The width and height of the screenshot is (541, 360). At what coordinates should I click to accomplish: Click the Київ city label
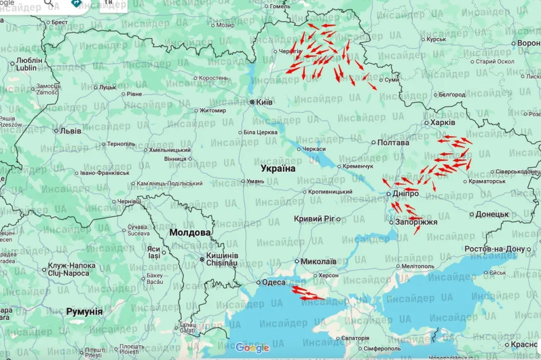click(264, 102)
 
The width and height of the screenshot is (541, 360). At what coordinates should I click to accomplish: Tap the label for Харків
click(443, 122)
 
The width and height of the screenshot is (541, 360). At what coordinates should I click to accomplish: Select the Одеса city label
click(274, 282)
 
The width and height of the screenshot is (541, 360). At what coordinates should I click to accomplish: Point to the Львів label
click(71, 131)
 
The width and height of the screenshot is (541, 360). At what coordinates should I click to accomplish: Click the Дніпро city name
click(406, 194)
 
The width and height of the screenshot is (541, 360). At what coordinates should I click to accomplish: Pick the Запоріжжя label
click(416, 222)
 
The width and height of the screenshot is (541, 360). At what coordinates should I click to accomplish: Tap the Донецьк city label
click(492, 214)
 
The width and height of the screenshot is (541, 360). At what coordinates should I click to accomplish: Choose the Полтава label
click(393, 143)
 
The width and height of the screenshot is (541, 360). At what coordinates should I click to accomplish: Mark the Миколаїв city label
click(319, 261)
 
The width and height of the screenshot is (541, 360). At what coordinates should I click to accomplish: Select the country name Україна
click(278, 168)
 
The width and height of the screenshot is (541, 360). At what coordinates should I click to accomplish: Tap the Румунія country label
click(85, 311)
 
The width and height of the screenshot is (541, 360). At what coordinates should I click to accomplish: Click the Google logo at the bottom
click(253, 347)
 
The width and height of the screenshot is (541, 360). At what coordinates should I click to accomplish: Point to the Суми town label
click(391, 80)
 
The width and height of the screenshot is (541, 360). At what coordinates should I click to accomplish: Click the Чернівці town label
click(129, 201)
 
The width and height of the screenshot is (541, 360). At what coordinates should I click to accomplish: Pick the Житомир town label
click(212, 111)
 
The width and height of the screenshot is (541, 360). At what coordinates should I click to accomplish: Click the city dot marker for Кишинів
click(201, 259)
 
